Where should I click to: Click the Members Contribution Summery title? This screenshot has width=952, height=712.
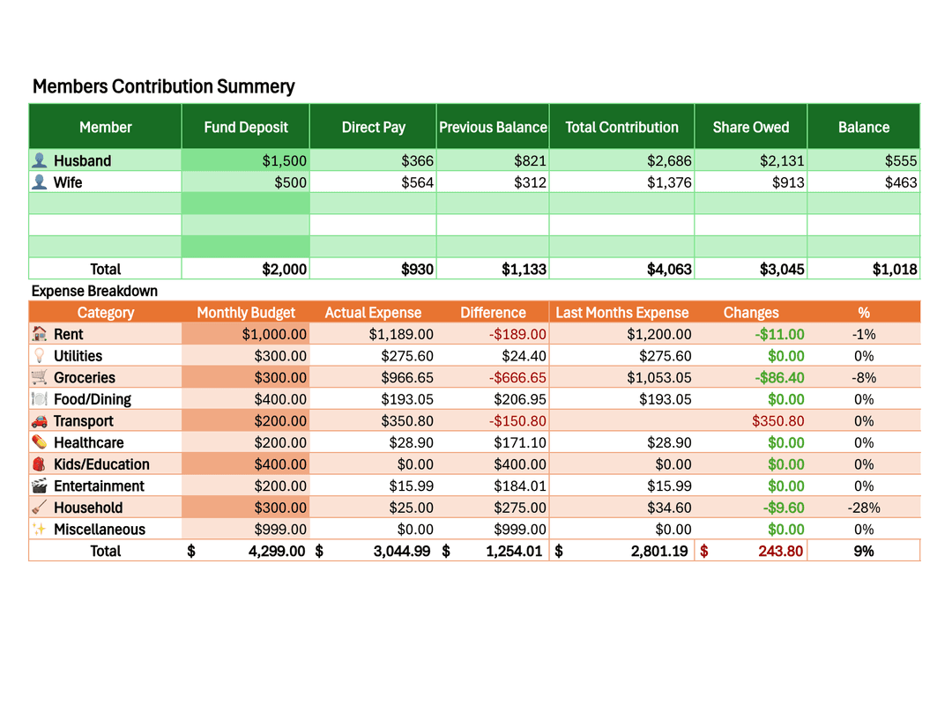pos(163,86)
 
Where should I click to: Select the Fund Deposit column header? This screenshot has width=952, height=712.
pos(246,127)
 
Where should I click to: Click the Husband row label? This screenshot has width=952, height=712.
pos(82,160)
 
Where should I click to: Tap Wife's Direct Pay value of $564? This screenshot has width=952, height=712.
pos(417,182)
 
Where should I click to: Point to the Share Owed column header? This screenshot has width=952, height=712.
pos(751,127)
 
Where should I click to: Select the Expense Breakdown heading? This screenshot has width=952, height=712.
pos(94,291)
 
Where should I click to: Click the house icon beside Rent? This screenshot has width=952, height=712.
pos(39,334)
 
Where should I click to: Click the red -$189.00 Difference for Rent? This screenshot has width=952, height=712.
pos(517,334)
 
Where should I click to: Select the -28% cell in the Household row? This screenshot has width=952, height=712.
pos(863,508)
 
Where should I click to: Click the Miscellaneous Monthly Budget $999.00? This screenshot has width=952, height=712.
pos(280,529)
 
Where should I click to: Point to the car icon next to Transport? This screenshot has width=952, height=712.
pos(39,421)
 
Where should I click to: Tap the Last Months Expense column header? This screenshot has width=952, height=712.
pos(621,313)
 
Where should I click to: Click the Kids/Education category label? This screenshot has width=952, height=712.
pos(101,464)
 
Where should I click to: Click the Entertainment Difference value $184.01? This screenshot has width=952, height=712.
pos(519,486)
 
